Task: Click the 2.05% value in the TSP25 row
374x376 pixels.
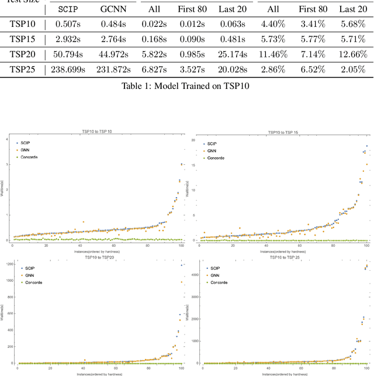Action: click(353, 69)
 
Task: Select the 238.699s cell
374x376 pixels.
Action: click(67, 69)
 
